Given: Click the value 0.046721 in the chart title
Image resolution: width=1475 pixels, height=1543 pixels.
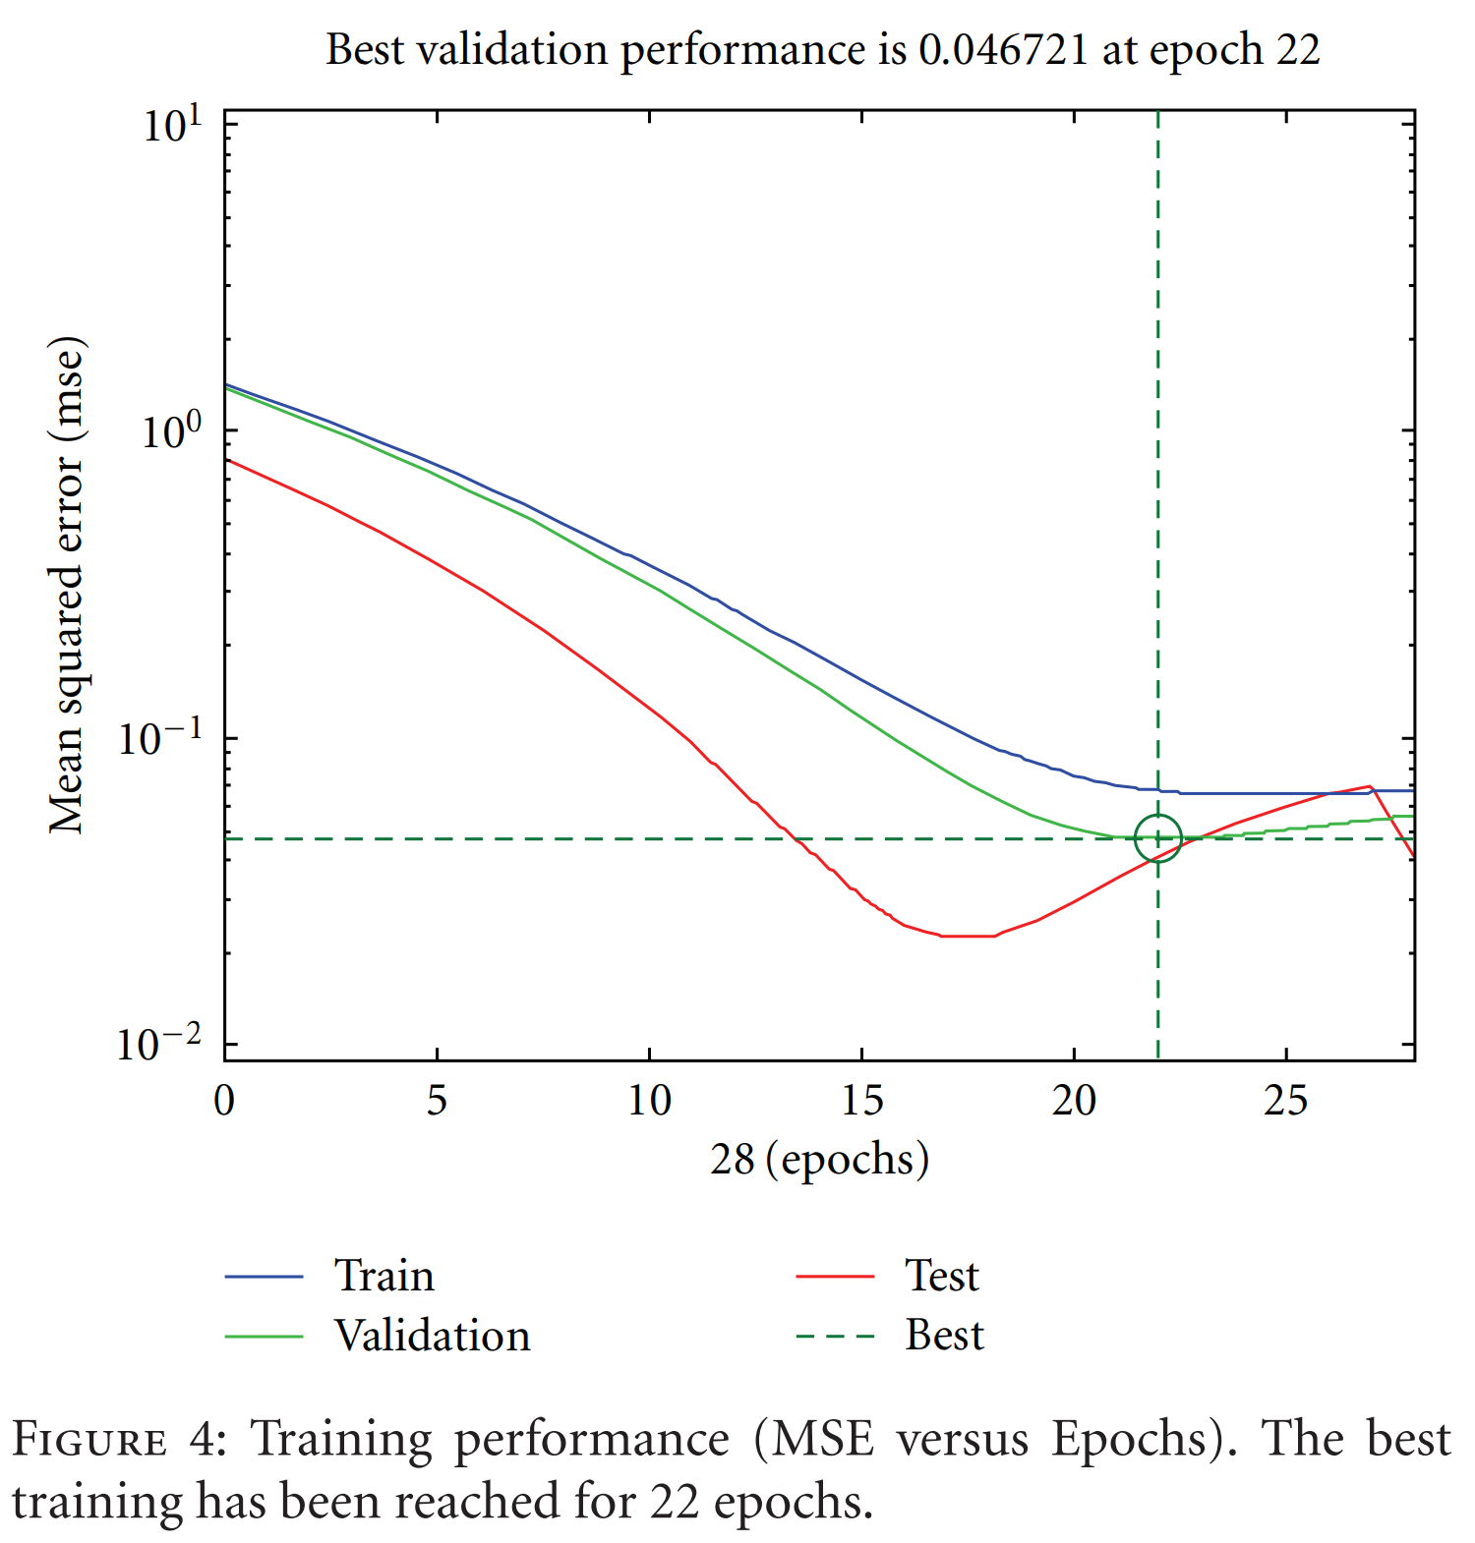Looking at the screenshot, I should tap(1003, 49).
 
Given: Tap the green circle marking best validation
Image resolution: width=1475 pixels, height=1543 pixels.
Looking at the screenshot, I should tap(1157, 838).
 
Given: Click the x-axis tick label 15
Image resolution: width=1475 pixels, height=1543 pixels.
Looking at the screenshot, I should tap(861, 1101).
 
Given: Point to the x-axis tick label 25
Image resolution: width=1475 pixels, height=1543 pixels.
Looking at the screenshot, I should tap(1285, 1101).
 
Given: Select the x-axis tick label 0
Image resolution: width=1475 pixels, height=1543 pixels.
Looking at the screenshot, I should tap(224, 1101).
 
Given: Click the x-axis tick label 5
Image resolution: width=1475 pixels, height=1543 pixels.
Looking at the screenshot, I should tap(437, 1101).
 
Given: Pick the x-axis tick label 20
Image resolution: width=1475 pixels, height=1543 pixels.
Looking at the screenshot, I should tap(1073, 1101).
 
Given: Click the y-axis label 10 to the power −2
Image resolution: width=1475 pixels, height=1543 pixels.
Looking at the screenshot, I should tap(158, 1043).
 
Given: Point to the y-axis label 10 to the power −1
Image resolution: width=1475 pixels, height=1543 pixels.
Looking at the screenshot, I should tap(158, 737).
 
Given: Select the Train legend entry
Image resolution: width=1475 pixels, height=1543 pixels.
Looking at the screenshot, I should tap(383, 1276).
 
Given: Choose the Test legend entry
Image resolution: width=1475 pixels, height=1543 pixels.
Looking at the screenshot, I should tap(941, 1276).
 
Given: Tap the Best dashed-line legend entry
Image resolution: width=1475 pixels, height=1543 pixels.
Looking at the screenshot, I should tap(944, 1336).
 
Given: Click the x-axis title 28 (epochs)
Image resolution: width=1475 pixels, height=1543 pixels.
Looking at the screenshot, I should tap(819, 1160).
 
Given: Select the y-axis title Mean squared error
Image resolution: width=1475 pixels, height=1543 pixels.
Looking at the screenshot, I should tap(67, 587).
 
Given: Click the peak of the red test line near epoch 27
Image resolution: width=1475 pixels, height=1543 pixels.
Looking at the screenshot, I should tap(1369, 786).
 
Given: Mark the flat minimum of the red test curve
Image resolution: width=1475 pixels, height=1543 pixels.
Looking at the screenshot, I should tap(969, 936).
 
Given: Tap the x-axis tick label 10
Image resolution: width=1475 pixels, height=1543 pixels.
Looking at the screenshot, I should tap(649, 1101).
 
